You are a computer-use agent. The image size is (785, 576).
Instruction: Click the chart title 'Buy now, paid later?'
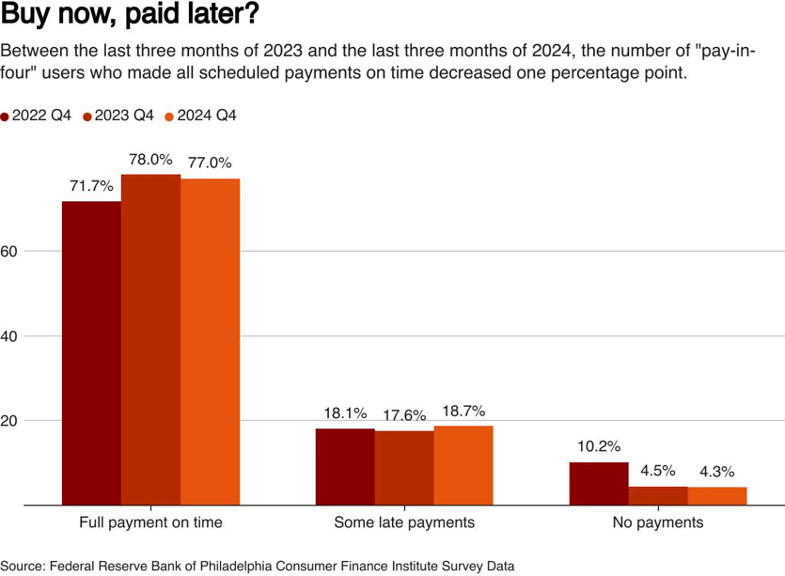click(x=131, y=16)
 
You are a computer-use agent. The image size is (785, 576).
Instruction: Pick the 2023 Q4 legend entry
click(x=119, y=116)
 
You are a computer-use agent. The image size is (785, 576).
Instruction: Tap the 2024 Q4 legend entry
click(x=201, y=116)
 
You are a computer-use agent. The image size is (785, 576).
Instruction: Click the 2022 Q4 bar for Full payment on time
click(x=91, y=352)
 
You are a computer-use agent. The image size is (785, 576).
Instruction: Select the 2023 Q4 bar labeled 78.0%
click(x=150, y=339)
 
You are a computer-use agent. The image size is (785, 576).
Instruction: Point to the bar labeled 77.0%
click(x=210, y=341)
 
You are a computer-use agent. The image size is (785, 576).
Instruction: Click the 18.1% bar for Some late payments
click(x=345, y=466)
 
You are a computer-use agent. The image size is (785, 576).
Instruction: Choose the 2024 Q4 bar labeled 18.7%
click(x=463, y=465)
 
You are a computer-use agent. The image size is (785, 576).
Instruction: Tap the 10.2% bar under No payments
click(x=599, y=483)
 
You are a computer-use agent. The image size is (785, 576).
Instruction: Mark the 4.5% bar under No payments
click(x=658, y=495)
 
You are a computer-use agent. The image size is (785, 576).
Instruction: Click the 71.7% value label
click(x=91, y=186)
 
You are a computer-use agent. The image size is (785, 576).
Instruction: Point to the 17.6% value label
click(x=404, y=414)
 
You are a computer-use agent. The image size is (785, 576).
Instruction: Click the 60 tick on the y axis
click(x=9, y=251)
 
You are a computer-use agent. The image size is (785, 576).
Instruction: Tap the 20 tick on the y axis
click(x=9, y=420)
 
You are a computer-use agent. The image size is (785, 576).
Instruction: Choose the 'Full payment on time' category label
click(x=150, y=522)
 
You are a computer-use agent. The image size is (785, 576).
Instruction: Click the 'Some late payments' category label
click(x=404, y=522)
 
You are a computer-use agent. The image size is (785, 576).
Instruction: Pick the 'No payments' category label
click(x=658, y=522)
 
